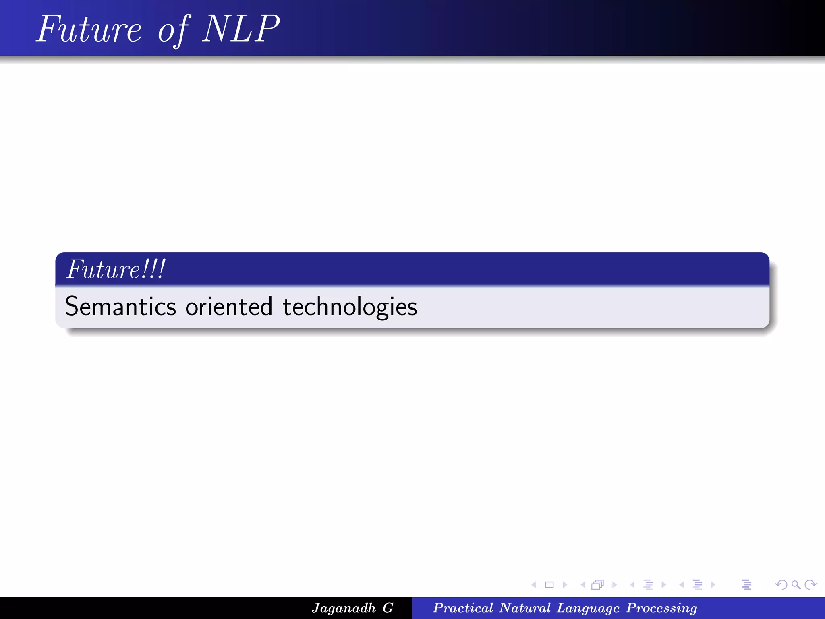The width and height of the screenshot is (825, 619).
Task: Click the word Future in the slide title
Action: click(89, 29)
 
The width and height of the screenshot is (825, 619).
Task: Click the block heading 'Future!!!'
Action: click(116, 269)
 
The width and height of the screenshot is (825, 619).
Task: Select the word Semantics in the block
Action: click(120, 307)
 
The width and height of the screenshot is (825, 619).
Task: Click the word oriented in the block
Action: click(229, 307)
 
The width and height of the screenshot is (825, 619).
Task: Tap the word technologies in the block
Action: click(350, 307)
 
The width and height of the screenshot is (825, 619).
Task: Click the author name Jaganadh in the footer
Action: click(344, 608)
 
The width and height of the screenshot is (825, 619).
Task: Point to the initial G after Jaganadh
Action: click(388, 608)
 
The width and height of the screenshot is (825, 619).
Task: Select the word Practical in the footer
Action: click(463, 608)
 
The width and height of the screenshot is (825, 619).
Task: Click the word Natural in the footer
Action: click(524, 608)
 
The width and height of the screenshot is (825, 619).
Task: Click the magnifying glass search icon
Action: click(796, 584)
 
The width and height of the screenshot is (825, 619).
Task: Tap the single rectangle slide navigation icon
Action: click(549, 584)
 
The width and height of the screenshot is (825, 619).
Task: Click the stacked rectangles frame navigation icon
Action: click(597, 584)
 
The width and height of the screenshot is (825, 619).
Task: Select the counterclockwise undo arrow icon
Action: click(781, 584)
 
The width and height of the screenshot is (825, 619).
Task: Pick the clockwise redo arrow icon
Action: click(810, 584)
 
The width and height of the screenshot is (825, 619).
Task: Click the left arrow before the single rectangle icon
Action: click(534, 584)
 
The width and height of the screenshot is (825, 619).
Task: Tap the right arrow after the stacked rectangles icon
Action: click(614, 584)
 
